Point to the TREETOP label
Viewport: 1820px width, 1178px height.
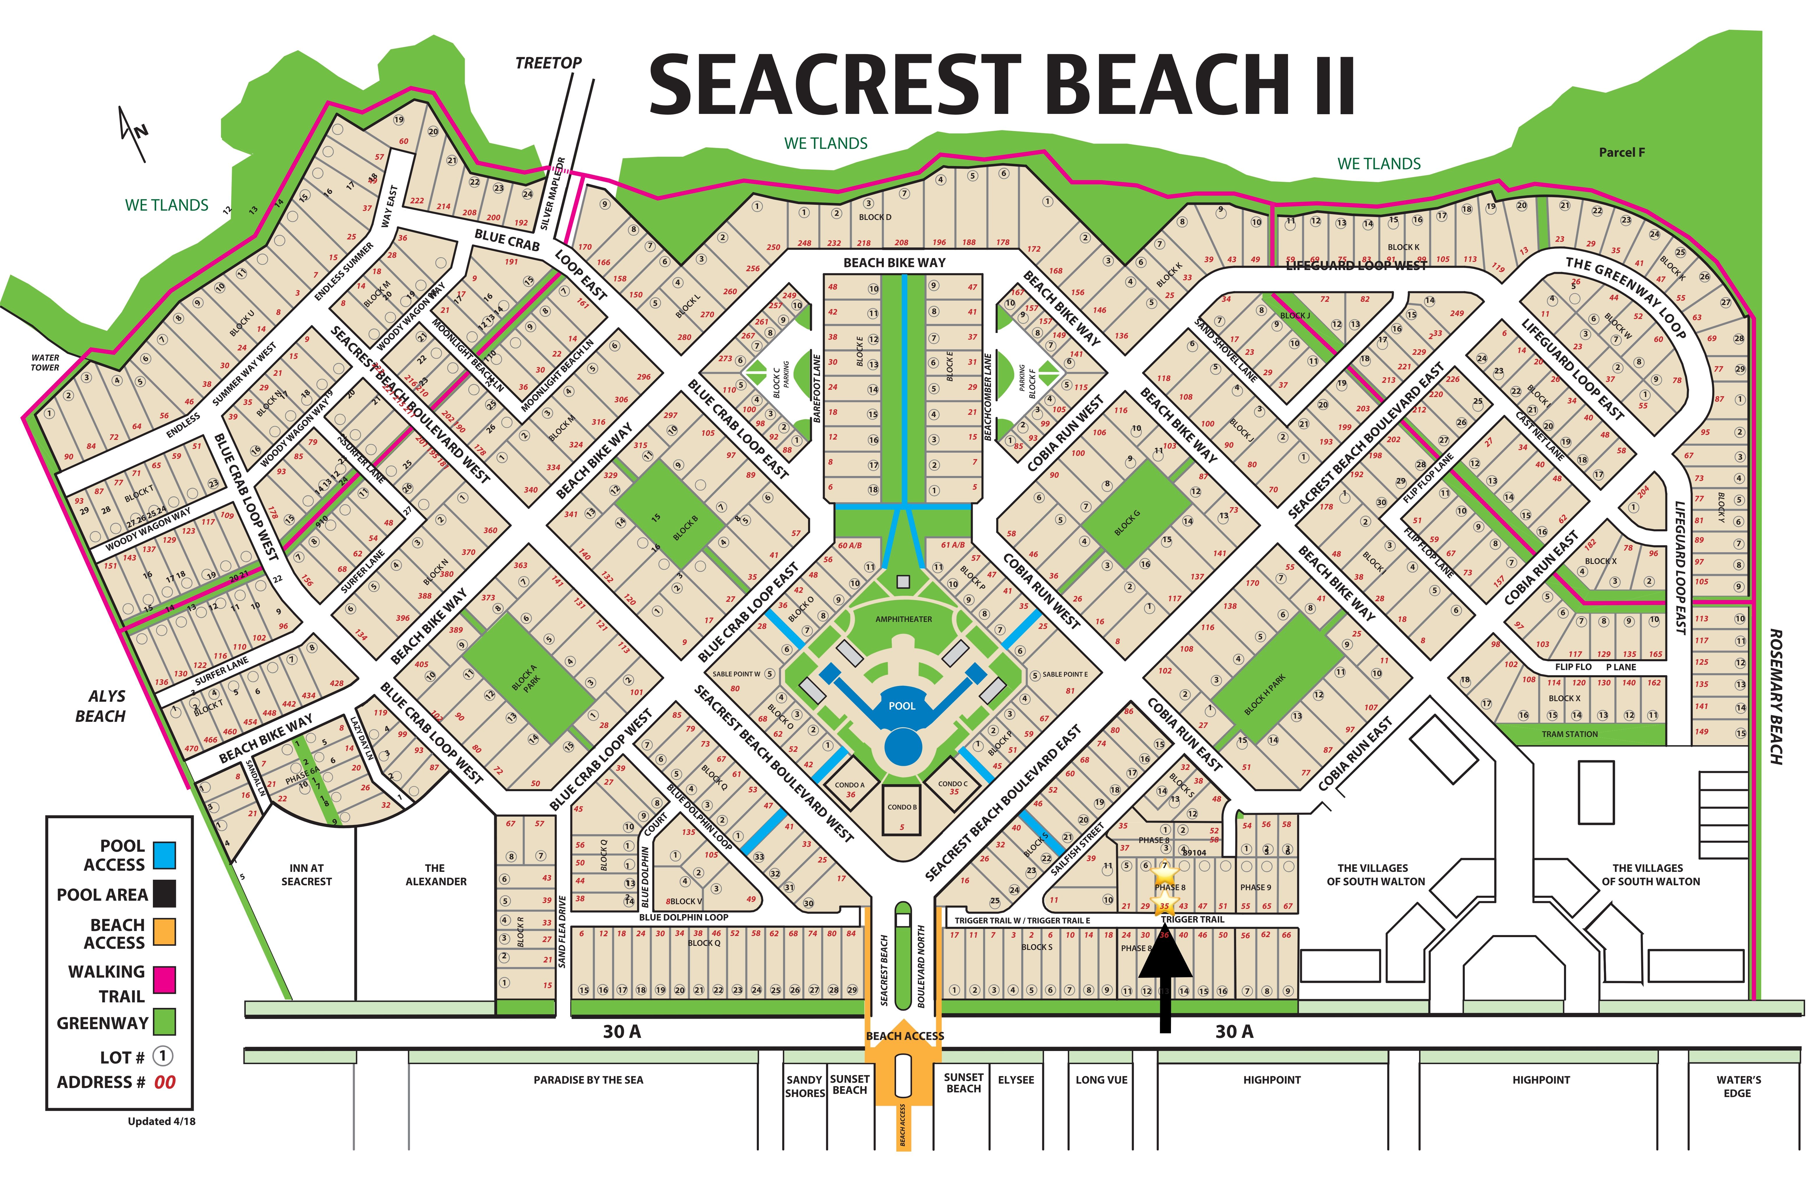(548, 63)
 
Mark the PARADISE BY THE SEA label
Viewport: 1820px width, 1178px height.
(588, 1080)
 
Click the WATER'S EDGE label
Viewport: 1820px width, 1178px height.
(1738, 1086)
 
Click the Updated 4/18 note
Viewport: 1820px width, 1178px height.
(161, 1121)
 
